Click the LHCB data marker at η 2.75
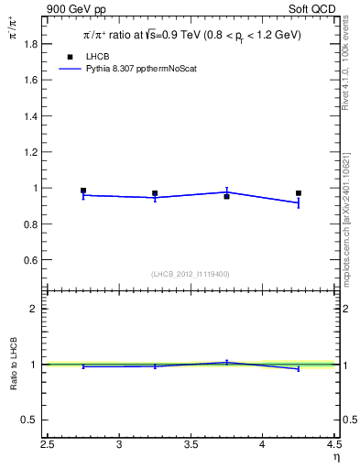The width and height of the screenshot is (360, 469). pos(83,191)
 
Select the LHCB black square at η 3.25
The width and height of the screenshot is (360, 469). pos(155,193)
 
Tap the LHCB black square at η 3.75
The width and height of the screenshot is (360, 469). pos(226,196)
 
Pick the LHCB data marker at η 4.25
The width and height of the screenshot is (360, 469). pos(299,193)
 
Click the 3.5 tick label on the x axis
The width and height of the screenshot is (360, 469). pos(191,445)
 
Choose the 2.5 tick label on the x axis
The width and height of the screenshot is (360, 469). pos(48,445)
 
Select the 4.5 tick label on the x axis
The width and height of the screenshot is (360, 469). pos(333,445)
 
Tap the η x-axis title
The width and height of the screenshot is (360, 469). pos(335,456)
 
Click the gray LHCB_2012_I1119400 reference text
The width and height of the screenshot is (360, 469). pos(191,274)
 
